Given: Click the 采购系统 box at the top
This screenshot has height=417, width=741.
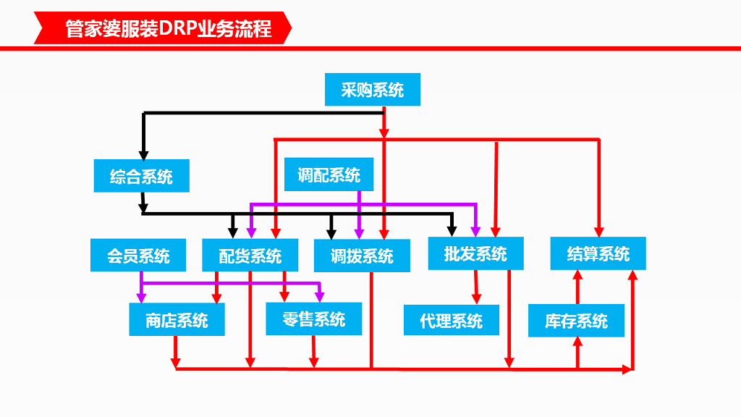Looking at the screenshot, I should (372, 90).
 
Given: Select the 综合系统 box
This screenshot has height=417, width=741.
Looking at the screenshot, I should (141, 176).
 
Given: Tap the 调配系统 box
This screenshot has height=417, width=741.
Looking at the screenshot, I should (329, 174).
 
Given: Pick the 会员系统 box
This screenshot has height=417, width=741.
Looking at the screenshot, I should (138, 256).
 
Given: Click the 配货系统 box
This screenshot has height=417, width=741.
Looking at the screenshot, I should (250, 256).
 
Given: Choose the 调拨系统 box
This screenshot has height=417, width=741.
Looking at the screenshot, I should (362, 256).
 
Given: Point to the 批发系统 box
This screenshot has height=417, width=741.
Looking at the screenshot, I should (475, 253).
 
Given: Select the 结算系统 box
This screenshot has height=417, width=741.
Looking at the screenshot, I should (598, 253).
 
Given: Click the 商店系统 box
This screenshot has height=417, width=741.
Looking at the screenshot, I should (177, 320).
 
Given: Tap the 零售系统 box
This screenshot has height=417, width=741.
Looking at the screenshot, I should (314, 319).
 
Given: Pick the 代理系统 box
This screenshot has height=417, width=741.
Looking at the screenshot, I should (451, 320).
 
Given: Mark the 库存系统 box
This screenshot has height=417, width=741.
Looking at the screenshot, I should (576, 321).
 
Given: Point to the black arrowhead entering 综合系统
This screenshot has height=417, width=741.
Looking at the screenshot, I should (143, 155).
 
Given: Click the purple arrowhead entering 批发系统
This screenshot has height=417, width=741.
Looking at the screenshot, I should (475, 231).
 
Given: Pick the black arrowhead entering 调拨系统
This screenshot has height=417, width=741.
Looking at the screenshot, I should (331, 234).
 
